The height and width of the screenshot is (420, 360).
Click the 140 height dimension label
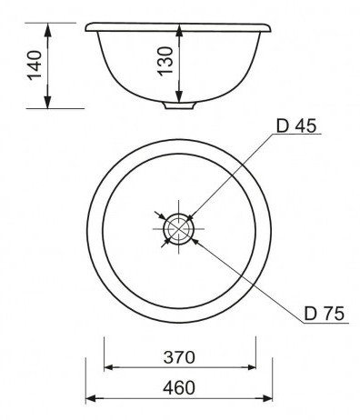coord(35,65)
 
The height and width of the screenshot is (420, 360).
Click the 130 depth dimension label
coord(165,60)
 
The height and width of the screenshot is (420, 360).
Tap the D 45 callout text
coord(296,125)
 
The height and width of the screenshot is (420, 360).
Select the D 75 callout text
coord(324,314)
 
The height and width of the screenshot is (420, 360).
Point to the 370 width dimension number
coord(179,357)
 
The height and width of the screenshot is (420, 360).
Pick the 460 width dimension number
coord(179,388)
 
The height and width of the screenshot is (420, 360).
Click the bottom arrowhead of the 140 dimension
coord(47,102)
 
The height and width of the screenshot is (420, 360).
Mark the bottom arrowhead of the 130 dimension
coord(179,95)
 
